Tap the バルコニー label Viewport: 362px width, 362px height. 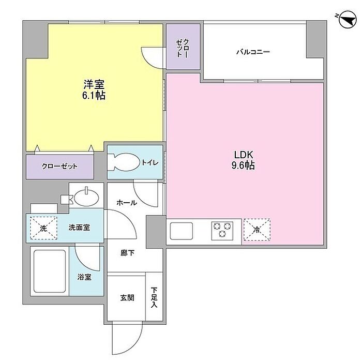click(253, 52)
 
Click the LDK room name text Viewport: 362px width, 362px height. click(244, 155)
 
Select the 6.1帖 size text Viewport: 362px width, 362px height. click(94, 95)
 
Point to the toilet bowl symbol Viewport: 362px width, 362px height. click(124, 162)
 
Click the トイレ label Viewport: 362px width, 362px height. click(150, 162)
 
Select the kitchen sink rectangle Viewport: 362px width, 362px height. click(181, 231)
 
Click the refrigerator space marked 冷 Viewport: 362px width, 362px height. click(257, 230)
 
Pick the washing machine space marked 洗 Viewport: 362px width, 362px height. click(43, 228)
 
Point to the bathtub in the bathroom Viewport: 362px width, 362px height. click(50, 271)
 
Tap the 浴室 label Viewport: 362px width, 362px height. click(84, 277)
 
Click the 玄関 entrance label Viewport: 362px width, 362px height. click(127, 298)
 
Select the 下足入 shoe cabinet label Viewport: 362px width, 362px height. click(154, 297)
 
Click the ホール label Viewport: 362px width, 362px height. click(127, 203)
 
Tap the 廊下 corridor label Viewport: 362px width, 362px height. click(127, 253)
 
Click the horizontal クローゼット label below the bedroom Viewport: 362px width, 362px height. click(59, 166)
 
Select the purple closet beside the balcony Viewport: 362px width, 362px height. click(183, 47)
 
